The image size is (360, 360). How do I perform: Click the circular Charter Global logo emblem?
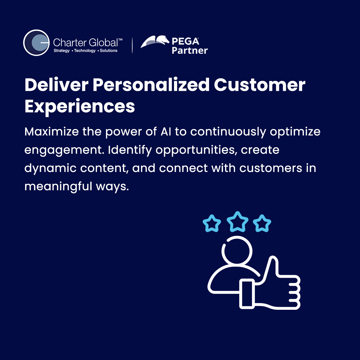36,43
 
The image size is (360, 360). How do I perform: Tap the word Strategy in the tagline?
62,51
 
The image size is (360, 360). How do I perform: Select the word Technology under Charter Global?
85,51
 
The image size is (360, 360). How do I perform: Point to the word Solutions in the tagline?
109,51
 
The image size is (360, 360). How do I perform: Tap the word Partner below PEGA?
189,51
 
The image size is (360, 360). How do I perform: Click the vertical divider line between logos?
132,45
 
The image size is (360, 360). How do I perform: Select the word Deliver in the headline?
56,85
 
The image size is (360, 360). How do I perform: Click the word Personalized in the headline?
151,85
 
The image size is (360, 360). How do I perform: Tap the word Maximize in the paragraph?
52,132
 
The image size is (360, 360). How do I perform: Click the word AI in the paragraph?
166,132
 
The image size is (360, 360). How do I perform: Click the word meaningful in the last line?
58,187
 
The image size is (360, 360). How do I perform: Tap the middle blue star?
237,222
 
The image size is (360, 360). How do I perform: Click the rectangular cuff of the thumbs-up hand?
247,294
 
